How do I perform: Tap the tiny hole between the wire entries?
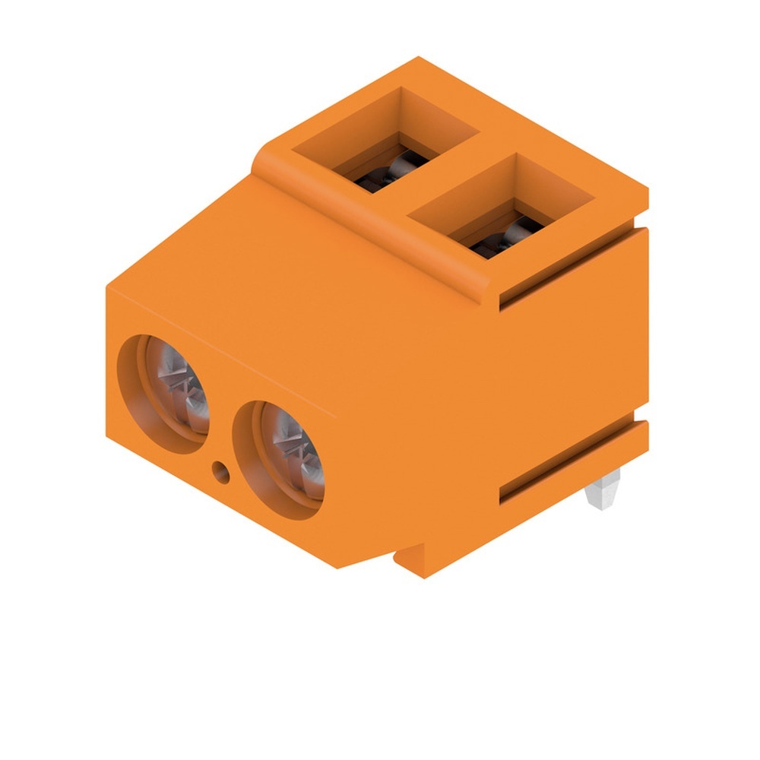click(x=221, y=473)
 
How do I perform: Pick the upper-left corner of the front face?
click(x=108, y=287)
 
